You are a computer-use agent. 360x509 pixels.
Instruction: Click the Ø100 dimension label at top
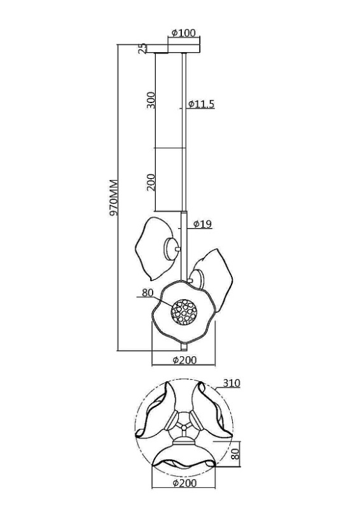[184, 33]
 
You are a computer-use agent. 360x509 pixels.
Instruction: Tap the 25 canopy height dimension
[142, 49]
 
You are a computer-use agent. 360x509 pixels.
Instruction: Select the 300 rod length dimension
[151, 100]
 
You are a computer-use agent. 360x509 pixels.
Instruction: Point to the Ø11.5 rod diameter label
[201, 104]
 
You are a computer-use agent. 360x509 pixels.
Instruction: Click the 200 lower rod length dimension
[151, 182]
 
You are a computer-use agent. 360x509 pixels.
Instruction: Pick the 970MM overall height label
[113, 197]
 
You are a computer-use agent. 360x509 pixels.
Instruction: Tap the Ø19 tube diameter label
[202, 224]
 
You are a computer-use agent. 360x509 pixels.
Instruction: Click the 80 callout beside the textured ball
[148, 293]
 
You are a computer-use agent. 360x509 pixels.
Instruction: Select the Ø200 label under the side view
[184, 359]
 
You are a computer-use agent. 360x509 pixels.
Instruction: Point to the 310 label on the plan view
[232, 384]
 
